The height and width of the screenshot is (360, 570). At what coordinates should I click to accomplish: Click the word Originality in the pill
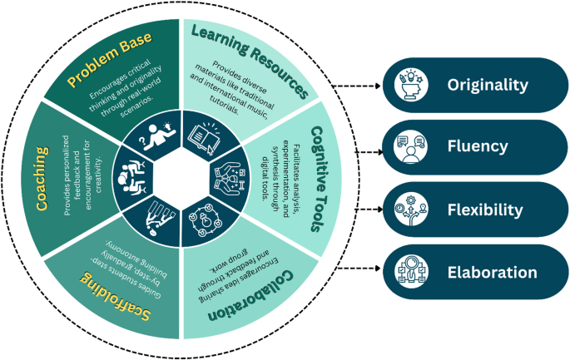pyautogui.click(x=488, y=85)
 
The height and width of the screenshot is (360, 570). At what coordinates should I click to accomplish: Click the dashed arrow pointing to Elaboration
pyautogui.click(x=362, y=272)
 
